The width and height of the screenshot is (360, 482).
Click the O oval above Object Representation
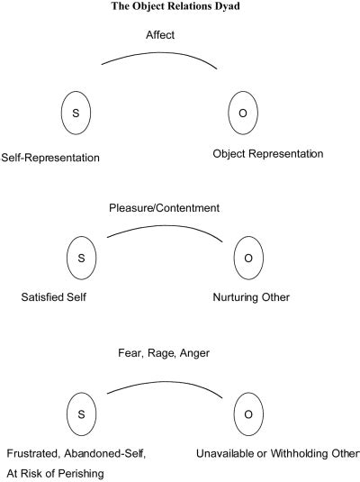(x=245, y=114)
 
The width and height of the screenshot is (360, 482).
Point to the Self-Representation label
(x=50, y=157)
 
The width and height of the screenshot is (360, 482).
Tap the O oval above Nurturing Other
(x=247, y=258)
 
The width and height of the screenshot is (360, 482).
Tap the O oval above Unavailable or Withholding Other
(x=247, y=414)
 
